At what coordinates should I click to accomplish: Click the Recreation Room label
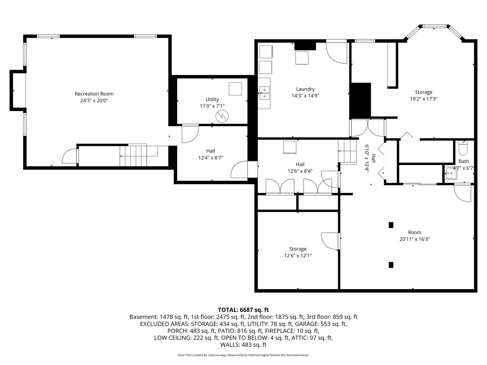pyautogui.click(x=94, y=94)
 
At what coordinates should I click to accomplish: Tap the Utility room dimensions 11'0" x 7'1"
pyautogui.click(x=212, y=106)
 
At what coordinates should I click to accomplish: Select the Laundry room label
pyautogui.click(x=305, y=89)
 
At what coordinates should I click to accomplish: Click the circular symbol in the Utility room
pyautogui.click(x=222, y=116)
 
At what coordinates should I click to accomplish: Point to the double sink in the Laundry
pyautogui.click(x=265, y=93)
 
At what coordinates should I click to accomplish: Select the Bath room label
pyautogui.click(x=464, y=161)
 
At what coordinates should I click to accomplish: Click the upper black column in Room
pyautogui.click(x=391, y=225)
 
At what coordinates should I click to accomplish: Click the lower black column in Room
pyautogui.click(x=391, y=265)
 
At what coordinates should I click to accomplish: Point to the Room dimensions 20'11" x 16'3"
pyautogui.click(x=415, y=239)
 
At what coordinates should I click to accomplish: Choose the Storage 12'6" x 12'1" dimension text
pyautogui.click(x=298, y=256)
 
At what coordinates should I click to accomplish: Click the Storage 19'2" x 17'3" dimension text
pyautogui.click(x=424, y=99)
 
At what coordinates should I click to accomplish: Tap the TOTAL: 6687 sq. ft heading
pyautogui.click(x=243, y=310)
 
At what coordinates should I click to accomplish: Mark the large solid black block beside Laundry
pyautogui.click(x=360, y=101)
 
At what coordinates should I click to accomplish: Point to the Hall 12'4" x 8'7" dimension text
pyautogui.click(x=211, y=158)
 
